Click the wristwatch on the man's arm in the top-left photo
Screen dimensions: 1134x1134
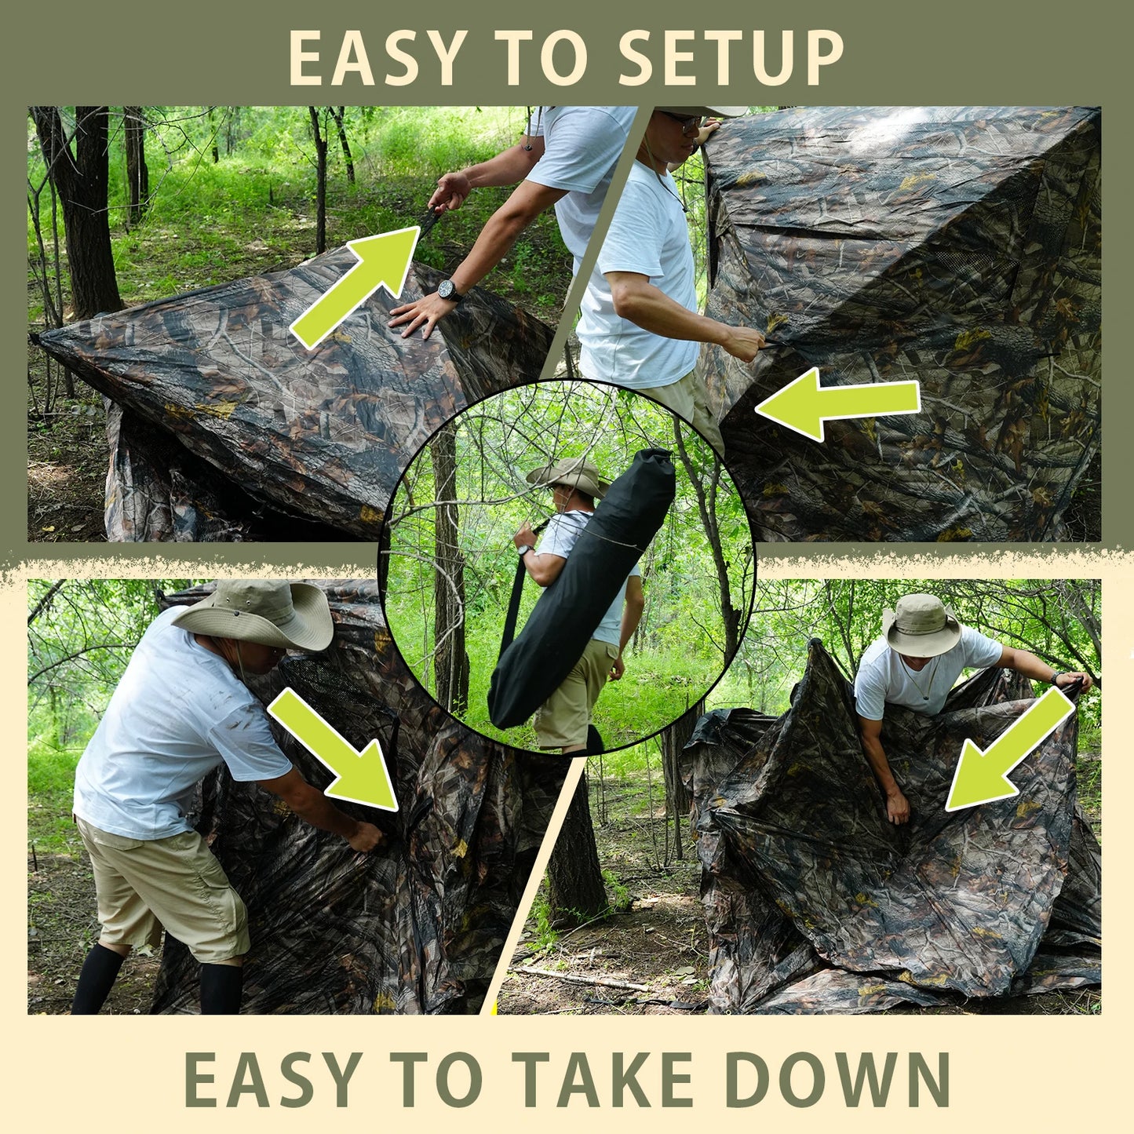click(450, 291)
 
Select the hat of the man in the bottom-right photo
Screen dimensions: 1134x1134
click(921, 625)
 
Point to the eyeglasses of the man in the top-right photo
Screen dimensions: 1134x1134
click(683, 122)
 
